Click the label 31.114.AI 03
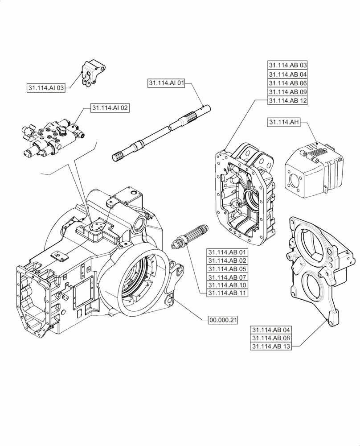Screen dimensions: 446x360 coord(46,88)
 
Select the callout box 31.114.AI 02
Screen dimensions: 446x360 coord(110,107)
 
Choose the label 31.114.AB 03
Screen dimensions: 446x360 coord(287,66)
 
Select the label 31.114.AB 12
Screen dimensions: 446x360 coord(287,101)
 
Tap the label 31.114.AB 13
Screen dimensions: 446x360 coord(270,347)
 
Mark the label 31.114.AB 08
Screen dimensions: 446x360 coord(270,339)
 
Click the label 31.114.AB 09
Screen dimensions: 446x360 coord(287,92)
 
